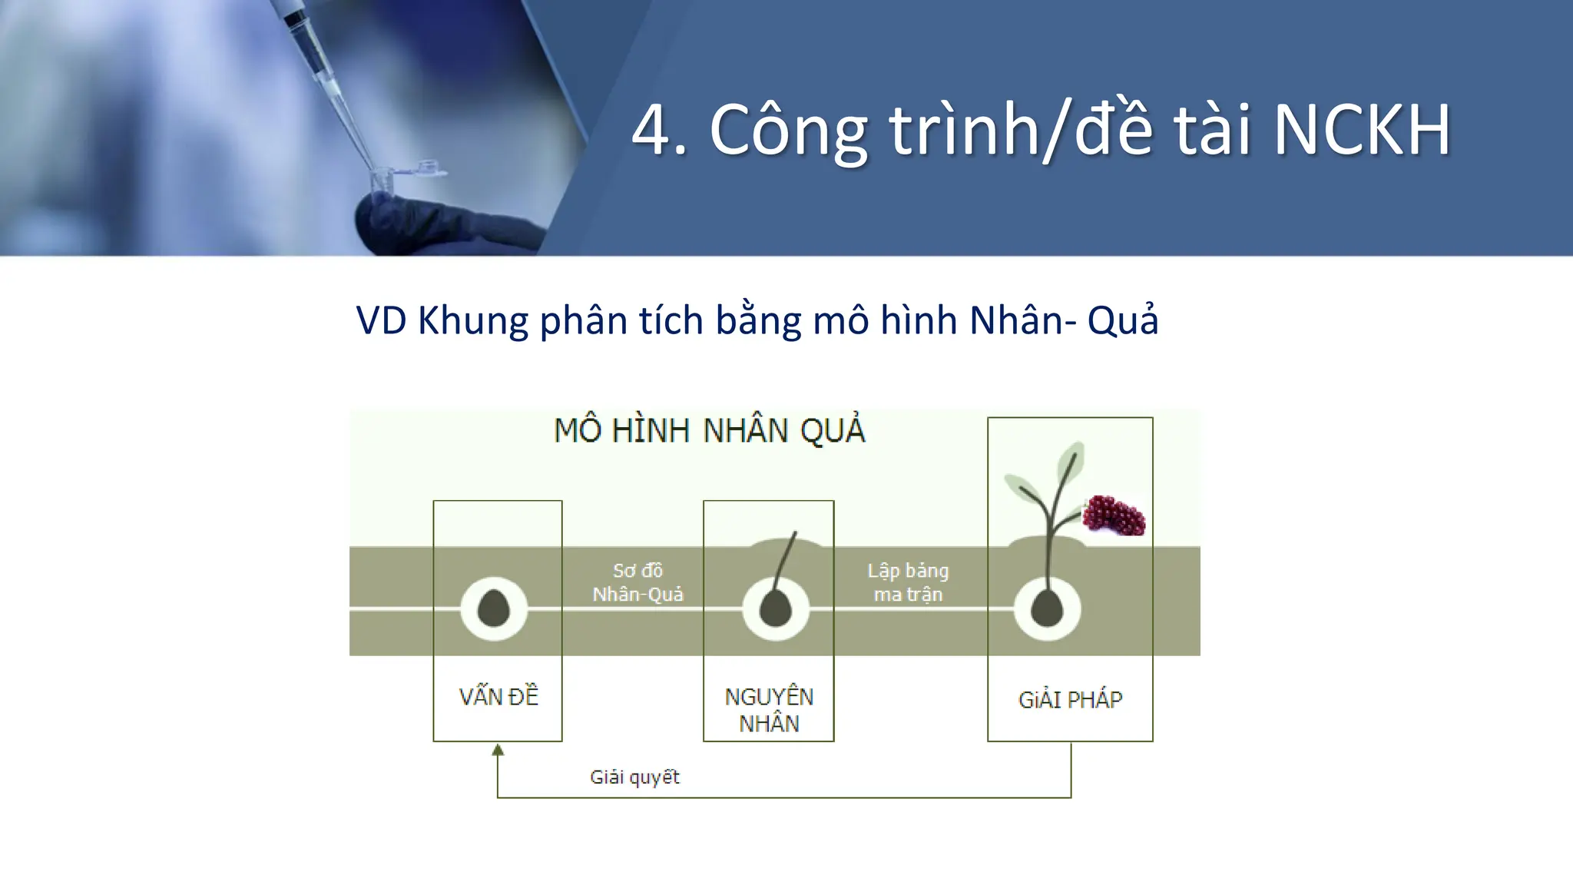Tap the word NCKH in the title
(x=1362, y=131)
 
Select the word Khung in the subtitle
(x=472, y=320)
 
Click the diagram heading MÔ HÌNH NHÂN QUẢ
(x=709, y=430)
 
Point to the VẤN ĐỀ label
(x=498, y=697)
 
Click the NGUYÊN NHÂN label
(x=769, y=710)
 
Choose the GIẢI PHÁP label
(x=1070, y=700)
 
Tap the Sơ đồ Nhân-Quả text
(x=637, y=582)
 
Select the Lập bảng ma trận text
(x=908, y=582)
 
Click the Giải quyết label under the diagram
(x=634, y=777)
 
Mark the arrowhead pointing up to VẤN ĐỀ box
(x=498, y=750)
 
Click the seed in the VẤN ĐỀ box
(x=494, y=609)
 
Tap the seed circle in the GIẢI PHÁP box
(x=1047, y=609)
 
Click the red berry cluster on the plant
(x=1114, y=515)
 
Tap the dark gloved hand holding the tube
(x=445, y=223)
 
